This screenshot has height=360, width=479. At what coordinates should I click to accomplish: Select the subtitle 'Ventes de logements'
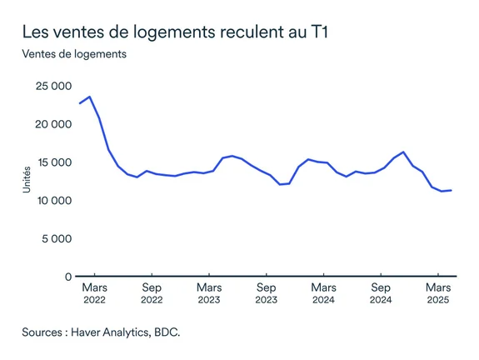pos(74,55)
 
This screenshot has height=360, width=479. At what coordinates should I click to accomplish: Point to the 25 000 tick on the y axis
pos(52,87)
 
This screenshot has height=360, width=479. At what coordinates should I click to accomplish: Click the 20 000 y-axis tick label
pos(52,124)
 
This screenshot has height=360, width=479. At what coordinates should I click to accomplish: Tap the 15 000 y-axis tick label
pos(52,162)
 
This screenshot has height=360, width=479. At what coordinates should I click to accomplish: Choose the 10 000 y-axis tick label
pos(52,201)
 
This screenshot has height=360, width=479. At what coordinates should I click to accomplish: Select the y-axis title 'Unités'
pos(27,181)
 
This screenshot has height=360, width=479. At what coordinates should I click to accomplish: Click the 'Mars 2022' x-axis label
pos(94,293)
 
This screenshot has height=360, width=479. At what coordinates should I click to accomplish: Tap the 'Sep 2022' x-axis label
pos(152,293)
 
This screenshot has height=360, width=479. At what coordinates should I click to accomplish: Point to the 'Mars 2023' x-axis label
pos(209,293)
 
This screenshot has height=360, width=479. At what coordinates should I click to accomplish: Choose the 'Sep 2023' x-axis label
pos(266,293)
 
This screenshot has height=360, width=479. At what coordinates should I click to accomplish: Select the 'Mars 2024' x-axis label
pos(323,293)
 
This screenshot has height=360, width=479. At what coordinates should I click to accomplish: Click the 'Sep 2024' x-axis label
pos(381,293)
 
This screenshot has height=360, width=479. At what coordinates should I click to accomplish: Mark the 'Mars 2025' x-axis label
pos(438,293)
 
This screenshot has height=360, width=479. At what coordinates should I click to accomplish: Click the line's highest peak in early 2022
pos(90,97)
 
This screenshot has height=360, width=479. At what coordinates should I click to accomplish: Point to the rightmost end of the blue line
pos(452,190)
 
